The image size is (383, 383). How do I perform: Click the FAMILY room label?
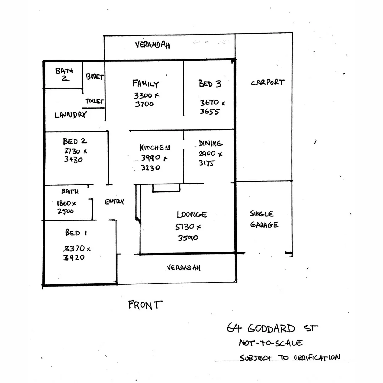tap(146, 84)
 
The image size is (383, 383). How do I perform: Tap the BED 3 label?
tap(210, 84)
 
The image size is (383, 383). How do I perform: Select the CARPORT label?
tap(268, 82)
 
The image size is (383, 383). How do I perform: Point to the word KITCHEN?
tap(155, 147)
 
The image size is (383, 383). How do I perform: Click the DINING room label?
tap(211, 143)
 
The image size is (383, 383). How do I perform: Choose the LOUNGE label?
tap(192, 214)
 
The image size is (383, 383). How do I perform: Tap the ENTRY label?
tap(115, 201)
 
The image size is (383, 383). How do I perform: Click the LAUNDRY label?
tap(71, 115)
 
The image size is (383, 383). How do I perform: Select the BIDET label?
tap(95, 77)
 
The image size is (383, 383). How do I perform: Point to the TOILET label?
tap(95, 101)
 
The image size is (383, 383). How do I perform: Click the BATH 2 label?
tap(64, 74)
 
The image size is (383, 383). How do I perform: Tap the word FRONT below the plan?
tap(145, 305)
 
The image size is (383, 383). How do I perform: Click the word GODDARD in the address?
tap(271, 328)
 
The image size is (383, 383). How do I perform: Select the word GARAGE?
tap(264, 224)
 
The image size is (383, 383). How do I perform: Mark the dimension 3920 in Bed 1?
tap(74, 257)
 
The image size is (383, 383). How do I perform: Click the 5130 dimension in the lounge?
tap(185, 227)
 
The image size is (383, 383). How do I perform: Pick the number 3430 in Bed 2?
tap(73, 160)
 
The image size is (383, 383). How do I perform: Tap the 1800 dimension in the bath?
tap(64, 203)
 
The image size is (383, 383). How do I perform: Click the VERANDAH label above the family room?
tap(152, 45)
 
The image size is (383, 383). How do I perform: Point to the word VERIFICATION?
tap(317, 357)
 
